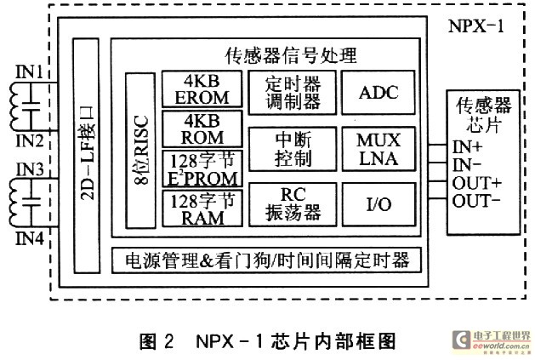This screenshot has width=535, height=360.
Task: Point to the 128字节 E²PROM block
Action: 202,168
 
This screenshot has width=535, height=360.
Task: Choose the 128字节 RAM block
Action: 202,209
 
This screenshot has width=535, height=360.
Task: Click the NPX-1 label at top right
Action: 476,23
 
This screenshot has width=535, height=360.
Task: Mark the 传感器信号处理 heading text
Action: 291,56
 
